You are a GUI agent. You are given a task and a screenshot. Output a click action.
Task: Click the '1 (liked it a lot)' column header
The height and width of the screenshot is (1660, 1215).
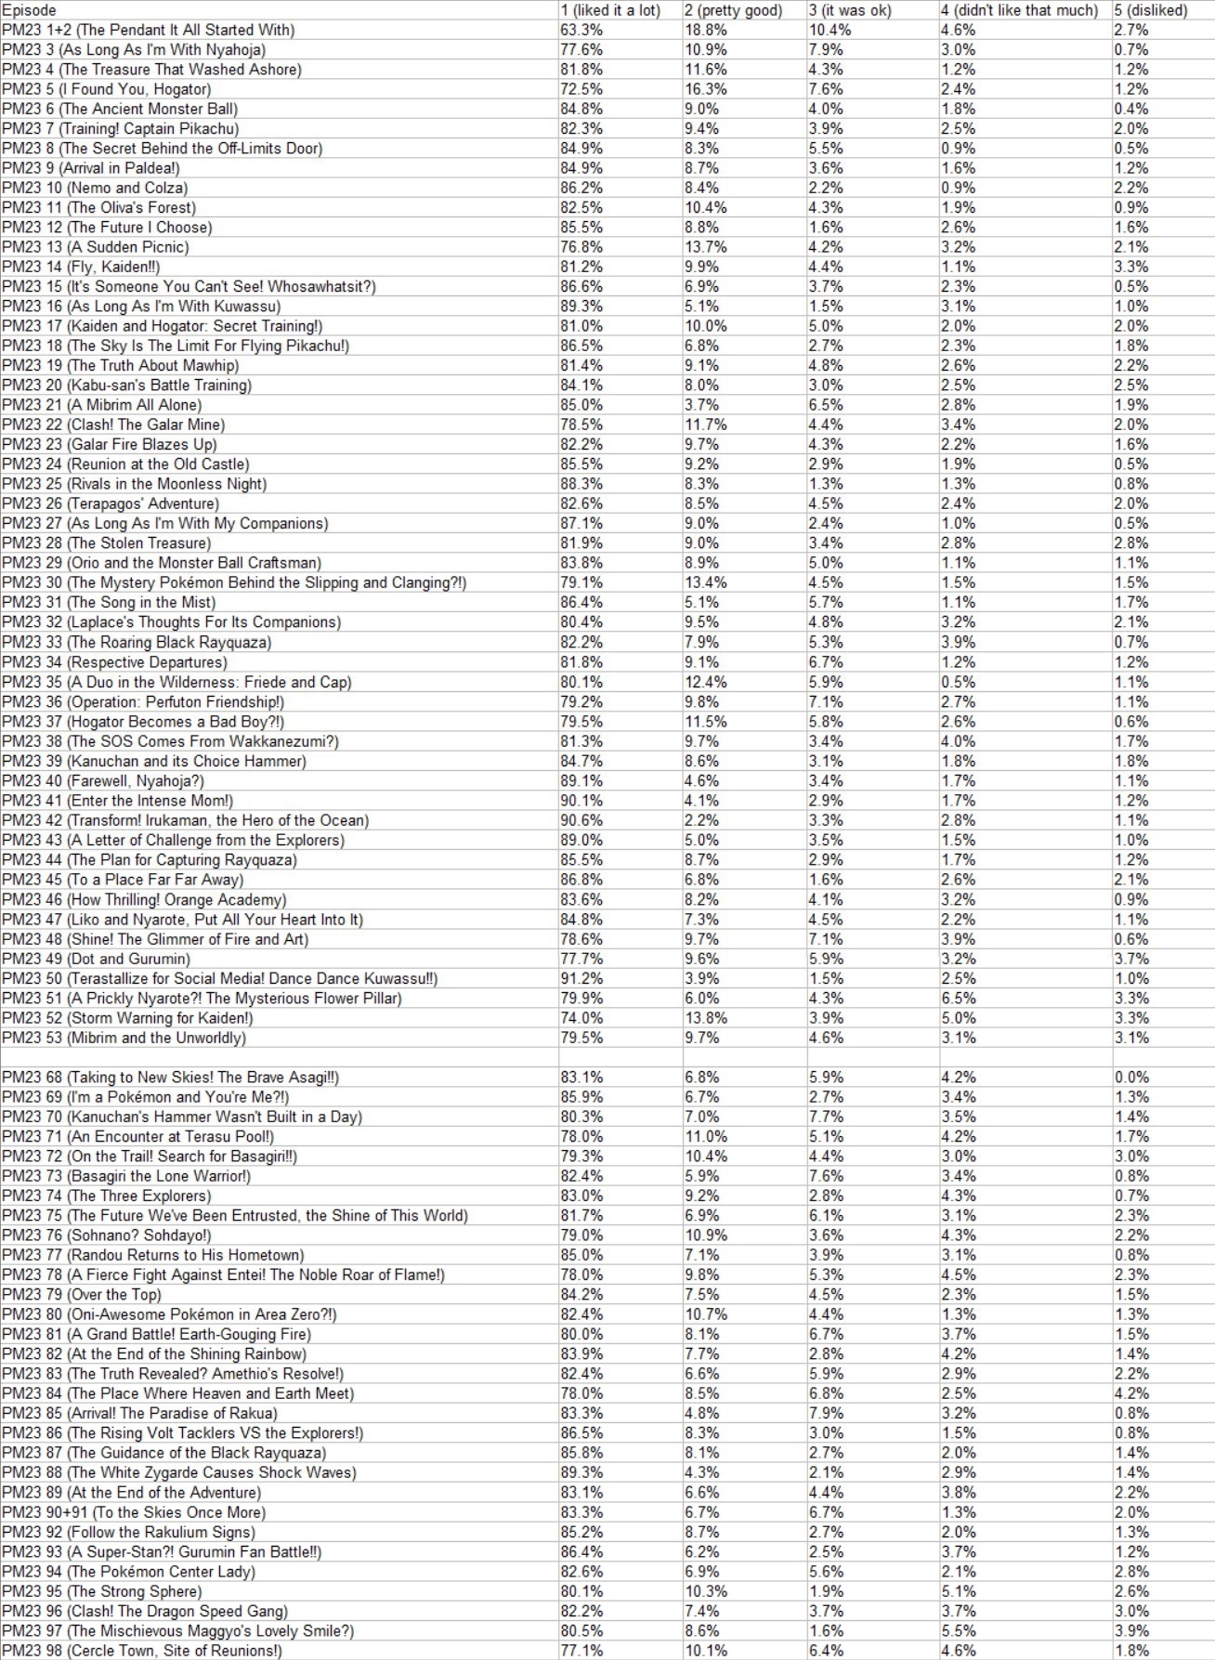[610, 10]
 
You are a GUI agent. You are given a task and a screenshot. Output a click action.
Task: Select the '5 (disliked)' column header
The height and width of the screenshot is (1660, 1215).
[1151, 10]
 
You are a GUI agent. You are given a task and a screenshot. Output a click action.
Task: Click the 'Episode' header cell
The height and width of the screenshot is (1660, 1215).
[29, 10]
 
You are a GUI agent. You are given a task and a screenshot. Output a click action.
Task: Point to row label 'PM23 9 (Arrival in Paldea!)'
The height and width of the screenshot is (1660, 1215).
[91, 168]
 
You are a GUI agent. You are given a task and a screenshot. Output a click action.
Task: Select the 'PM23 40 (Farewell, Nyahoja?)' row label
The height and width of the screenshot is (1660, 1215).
[103, 781]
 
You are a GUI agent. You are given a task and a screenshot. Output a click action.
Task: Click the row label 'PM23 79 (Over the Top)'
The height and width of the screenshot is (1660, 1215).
[82, 1295]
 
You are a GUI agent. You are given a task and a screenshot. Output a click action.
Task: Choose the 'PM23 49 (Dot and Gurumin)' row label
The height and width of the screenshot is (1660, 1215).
[96, 959]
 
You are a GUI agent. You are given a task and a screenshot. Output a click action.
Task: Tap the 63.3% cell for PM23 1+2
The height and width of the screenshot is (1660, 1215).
[581, 30]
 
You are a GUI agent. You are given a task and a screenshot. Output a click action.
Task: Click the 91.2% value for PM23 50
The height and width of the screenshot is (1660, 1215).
[581, 979]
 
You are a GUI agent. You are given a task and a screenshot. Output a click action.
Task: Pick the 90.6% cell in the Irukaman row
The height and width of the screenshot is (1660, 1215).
[581, 820]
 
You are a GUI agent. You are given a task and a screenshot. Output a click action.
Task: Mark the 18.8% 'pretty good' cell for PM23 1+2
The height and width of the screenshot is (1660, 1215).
[706, 30]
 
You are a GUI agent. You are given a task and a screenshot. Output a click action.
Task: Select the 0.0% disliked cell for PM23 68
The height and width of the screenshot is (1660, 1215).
[1132, 1078]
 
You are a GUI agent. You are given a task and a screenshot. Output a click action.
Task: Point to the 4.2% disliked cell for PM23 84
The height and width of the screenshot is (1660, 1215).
[1132, 1393]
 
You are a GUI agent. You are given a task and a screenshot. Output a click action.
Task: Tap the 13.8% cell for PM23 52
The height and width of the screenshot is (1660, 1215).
[706, 1018]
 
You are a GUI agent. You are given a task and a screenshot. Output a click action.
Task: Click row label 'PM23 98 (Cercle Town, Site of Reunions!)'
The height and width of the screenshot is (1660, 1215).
[141, 1651]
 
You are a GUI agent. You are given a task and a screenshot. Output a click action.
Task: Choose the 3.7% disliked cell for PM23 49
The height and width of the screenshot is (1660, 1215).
[1132, 959]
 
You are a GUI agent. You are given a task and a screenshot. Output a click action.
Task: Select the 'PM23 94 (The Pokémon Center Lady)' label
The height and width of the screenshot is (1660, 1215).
[128, 1572]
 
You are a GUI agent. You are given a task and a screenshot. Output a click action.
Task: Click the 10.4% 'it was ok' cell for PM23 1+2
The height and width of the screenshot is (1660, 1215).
[830, 30]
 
